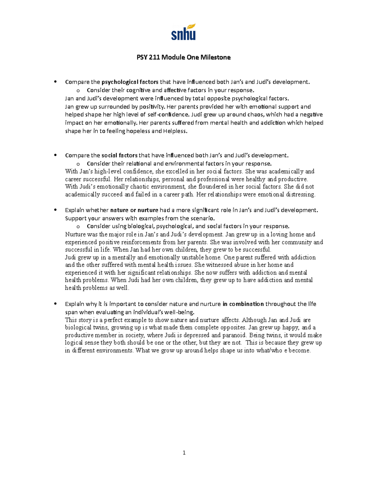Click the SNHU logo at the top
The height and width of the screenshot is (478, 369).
click(x=184, y=32)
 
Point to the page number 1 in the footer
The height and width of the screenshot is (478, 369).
click(x=184, y=452)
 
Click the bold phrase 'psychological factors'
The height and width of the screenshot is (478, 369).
click(x=130, y=82)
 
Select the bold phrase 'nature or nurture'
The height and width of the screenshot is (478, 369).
click(x=134, y=210)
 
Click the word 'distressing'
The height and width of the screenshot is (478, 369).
click(x=301, y=195)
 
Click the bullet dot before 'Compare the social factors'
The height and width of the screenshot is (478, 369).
click(x=55, y=155)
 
